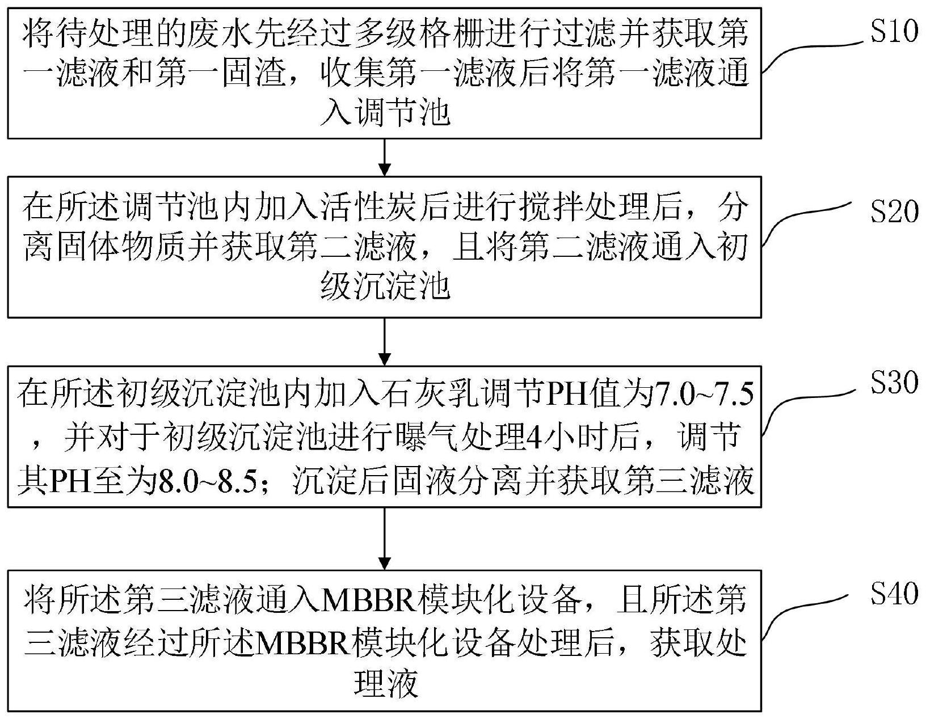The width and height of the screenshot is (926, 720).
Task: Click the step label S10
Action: click(894, 32)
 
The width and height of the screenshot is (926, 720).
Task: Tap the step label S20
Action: click(894, 212)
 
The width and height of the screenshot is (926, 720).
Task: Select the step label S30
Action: click(894, 383)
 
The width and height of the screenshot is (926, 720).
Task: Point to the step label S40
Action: click(894, 594)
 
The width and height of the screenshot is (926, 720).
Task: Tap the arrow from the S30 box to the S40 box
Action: click(385, 539)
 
